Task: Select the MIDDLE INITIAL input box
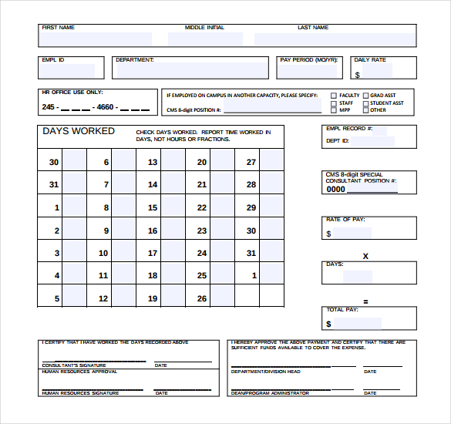click(204, 39)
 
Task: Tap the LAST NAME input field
click(333, 39)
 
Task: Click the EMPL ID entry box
click(72, 71)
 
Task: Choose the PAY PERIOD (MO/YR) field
click(309, 72)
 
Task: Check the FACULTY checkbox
click(334, 96)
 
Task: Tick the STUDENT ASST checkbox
click(365, 103)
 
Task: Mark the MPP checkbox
click(334, 110)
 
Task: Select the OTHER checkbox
click(365, 110)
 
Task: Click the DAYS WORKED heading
click(78, 131)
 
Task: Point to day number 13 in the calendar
click(153, 163)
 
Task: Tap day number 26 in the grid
click(201, 299)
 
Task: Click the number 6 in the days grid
click(106, 163)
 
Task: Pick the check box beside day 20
click(222, 163)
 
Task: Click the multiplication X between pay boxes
click(365, 256)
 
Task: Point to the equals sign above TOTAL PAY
click(365, 301)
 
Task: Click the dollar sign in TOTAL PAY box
click(329, 324)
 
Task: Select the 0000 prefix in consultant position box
click(335, 189)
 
